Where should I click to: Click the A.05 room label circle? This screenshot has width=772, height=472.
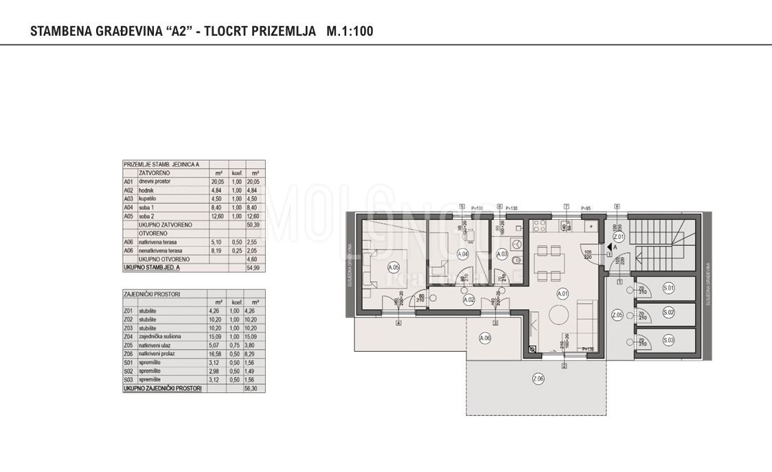click(394, 267)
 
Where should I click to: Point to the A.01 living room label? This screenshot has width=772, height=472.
click(563, 293)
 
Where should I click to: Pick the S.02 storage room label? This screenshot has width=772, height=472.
click(668, 313)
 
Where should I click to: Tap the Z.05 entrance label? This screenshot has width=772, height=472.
click(617, 315)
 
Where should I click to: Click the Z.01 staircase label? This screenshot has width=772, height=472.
click(617, 236)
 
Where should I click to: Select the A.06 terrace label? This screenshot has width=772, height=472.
click(485, 337)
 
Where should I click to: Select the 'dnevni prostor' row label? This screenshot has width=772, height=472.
click(153, 181)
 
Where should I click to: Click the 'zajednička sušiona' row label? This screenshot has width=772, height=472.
click(161, 337)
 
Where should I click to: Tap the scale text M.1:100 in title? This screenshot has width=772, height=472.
click(350, 31)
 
